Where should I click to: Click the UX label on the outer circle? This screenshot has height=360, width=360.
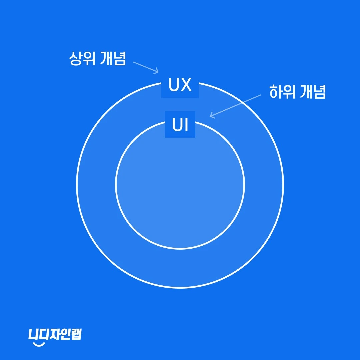pyautogui.click(x=180, y=86)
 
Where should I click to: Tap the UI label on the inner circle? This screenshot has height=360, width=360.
pyautogui.click(x=180, y=125)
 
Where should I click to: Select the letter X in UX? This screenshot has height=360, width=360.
pyautogui.click(x=186, y=86)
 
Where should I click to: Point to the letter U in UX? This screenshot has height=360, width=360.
pyautogui.click(x=174, y=86)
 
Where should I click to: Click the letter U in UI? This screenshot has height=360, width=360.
pyautogui.click(x=177, y=125)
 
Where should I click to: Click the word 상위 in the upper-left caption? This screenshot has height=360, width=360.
pyautogui.click(x=82, y=59)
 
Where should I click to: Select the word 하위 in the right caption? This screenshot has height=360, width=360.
pyautogui.click(x=282, y=92)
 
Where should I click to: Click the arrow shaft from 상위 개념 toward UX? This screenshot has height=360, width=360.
pyautogui.click(x=144, y=67)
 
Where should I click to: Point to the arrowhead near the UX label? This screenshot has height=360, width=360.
pyautogui.click(x=156, y=71)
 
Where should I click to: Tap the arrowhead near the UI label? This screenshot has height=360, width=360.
pyautogui.click(x=212, y=116)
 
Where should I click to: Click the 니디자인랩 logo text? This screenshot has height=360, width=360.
pyautogui.click(x=55, y=334)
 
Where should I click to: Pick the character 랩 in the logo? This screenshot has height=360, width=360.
pyautogui.click(x=76, y=334)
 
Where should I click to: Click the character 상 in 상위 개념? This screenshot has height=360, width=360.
pyautogui.click(x=75, y=59)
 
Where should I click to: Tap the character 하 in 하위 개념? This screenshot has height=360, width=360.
pyautogui.click(x=275, y=92)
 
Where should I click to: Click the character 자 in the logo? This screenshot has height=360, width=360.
pyautogui.click(x=55, y=334)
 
